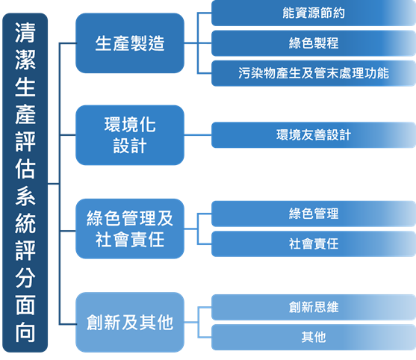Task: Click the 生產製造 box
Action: pos(130,43)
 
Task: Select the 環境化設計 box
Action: pos(130,135)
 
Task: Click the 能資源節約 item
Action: pos(314,13)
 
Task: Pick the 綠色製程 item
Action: pos(314,43)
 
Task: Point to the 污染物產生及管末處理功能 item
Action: pos(314,74)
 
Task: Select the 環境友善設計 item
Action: pos(314,135)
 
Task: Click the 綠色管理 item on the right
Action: pos(314,214)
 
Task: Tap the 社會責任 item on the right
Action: pos(314,243)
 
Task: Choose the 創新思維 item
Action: pos(314,307)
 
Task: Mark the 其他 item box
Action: pos(314,337)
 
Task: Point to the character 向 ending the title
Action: pos(24,332)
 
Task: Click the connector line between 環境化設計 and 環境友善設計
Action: pos(198,135)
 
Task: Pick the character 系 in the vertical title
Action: pos(24,196)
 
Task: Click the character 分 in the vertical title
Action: pos(24,277)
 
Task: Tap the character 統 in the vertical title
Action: pos(24,223)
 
